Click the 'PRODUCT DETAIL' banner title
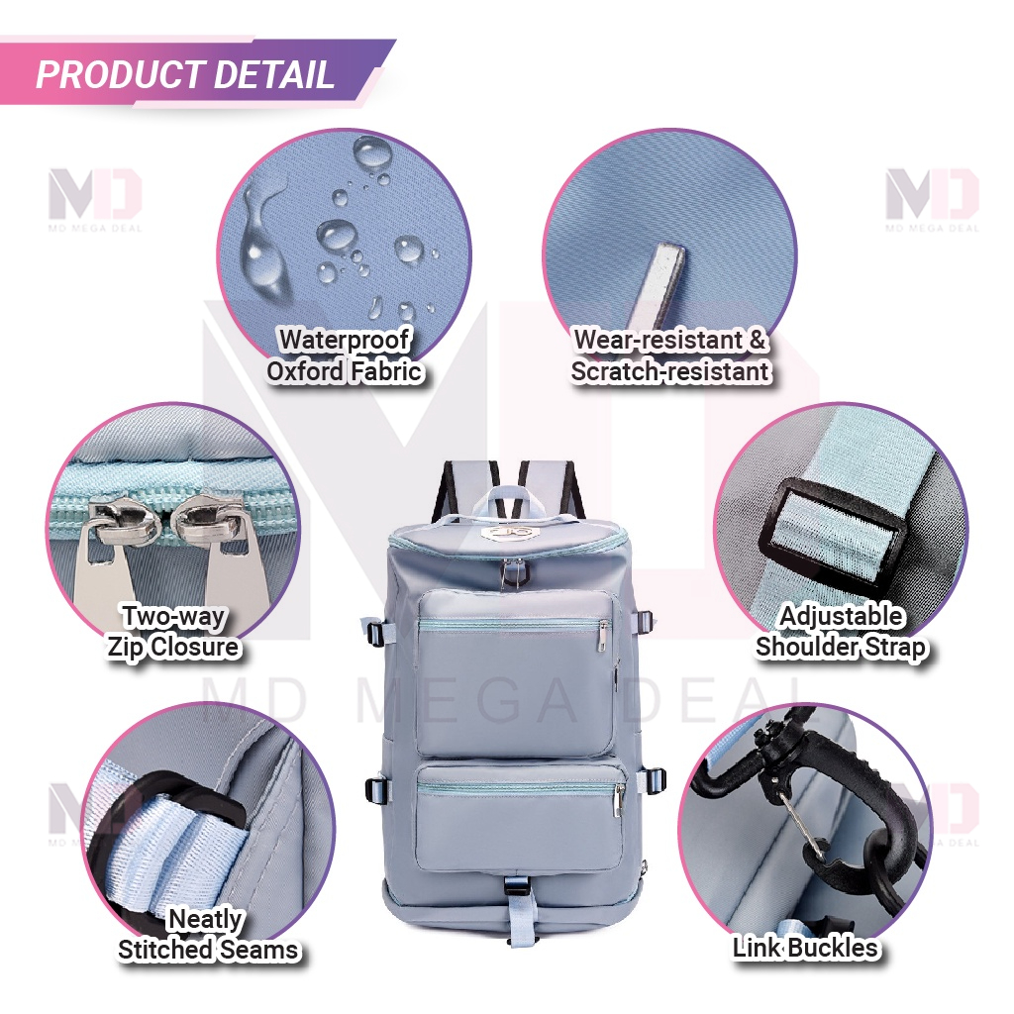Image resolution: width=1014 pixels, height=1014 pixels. point(185,74)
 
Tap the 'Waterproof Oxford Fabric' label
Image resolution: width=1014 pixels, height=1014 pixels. point(344,355)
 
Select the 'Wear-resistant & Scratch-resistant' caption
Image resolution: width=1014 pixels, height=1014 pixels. point(670,355)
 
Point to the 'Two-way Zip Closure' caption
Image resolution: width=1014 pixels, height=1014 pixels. point(173,632)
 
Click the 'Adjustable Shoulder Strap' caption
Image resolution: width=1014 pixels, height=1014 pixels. point(841,632)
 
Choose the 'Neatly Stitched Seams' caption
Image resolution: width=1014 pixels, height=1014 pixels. point(208,935)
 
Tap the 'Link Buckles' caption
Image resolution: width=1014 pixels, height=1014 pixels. point(805,948)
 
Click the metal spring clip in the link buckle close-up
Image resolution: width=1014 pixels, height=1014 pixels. point(802,827)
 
